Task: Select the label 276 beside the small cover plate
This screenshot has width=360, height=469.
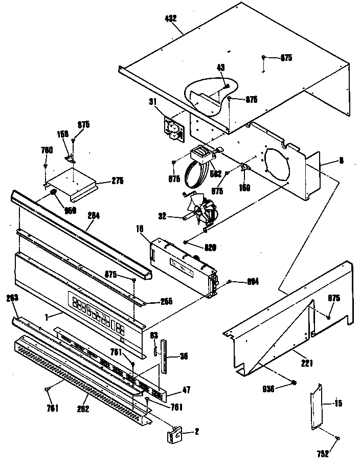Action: (118, 180)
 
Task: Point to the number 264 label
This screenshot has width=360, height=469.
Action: (93, 215)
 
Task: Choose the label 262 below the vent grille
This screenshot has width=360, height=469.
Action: (83, 409)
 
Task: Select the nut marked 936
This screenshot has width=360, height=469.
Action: (294, 382)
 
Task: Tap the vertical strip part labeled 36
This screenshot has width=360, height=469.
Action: (163, 355)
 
